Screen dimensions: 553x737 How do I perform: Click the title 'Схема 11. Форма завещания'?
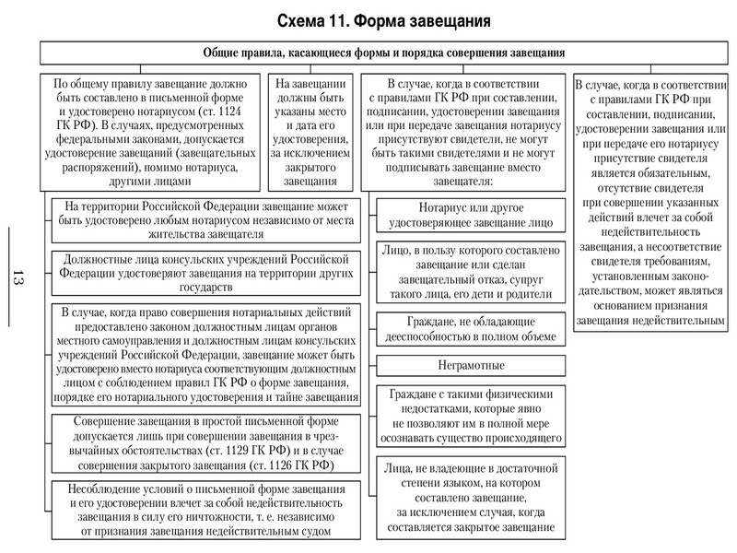(384, 19)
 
